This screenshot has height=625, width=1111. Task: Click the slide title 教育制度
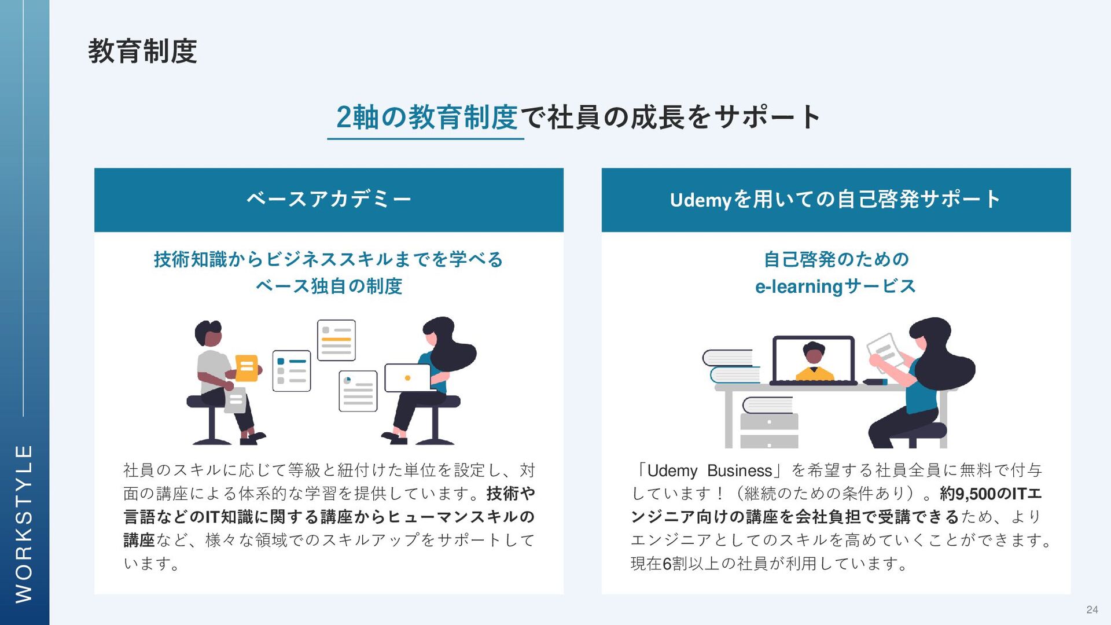click(142, 51)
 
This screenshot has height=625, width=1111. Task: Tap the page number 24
click(1092, 609)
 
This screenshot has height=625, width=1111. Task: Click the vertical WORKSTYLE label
click(24, 523)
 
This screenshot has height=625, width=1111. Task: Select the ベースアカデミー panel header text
click(329, 199)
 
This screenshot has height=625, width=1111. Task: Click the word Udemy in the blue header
click(701, 200)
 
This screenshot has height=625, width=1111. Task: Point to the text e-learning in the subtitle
click(799, 286)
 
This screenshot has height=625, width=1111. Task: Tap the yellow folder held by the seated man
click(247, 367)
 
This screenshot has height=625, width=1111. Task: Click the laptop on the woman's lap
click(407, 377)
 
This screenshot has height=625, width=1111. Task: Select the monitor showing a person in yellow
click(814, 359)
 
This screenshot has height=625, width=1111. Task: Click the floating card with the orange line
click(336, 340)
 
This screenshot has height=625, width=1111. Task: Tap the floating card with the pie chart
click(358, 391)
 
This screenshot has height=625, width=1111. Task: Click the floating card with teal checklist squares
click(291, 370)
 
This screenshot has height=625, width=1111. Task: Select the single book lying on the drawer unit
click(767, 405)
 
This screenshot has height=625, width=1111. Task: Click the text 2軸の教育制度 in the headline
click(426, 117)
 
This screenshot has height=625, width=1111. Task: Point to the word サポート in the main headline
click(767, 117)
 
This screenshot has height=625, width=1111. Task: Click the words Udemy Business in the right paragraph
click(709, 470)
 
